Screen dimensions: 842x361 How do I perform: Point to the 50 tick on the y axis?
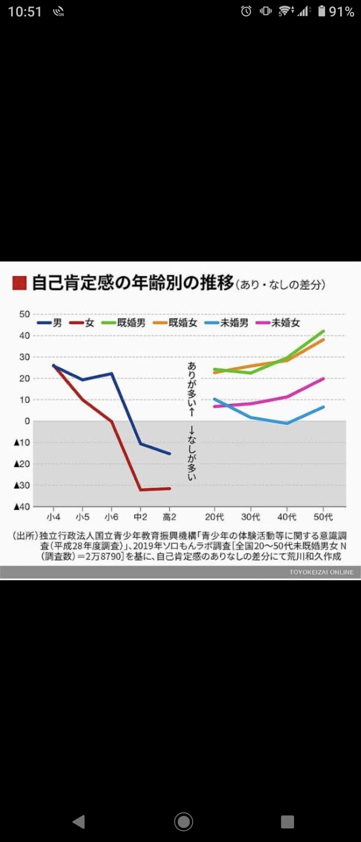pyautogui.click(x=25, y=314)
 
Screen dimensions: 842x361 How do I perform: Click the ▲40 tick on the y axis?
pyautogui.click(x=22, y=507)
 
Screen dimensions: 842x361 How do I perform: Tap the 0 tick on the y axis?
pyautogui.click(x=27, y=421)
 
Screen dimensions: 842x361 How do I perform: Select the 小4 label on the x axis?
pyautogui.click(x=53, y=517)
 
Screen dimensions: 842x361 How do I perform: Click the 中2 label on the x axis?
pyautogui.click(x=140, y=517)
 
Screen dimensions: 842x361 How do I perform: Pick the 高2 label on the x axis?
pyautogui.click(x=169, y=517)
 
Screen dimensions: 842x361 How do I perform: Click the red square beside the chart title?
pyautogui.click(x=19, y=283)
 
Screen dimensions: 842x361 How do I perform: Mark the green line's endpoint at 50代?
pyautogui.click(x=323, y=331)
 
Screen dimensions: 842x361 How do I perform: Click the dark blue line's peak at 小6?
pyautogui.click(x=112, y=373)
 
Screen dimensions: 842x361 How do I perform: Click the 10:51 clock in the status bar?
pyautogui.click(x=25, y=12)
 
